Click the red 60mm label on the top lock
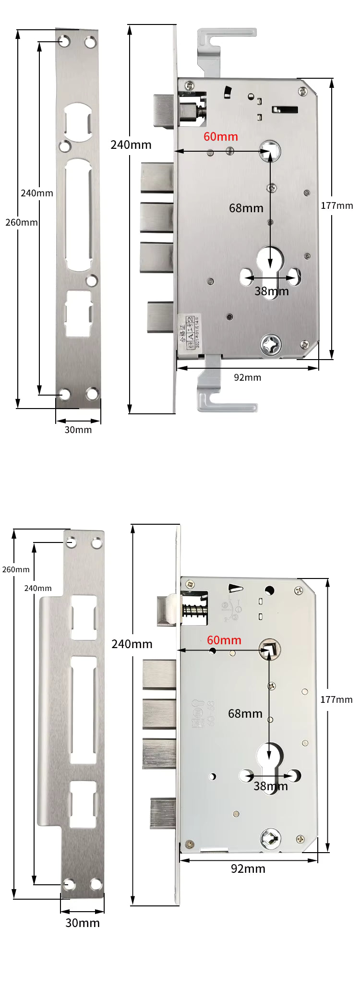[x=221, y=136]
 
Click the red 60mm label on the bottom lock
[x=224, y=640]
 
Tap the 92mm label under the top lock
[x=248, y=377]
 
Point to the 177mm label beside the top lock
[x=337, y=206]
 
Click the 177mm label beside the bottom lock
[x=336, y=699]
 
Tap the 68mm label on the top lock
[x=246, y=208]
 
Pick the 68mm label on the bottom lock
[x=245, y=713]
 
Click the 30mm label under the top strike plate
[x=78, y=430]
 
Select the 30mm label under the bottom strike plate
[x=83, y=923]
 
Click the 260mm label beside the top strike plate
[x=21, y=222]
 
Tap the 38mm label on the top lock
[x=272, y=291]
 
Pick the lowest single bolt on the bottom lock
[x=164, y=813]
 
